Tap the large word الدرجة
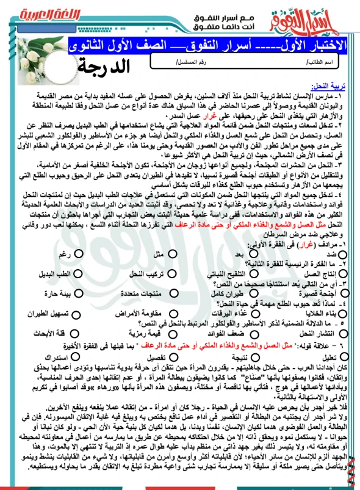121,65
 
